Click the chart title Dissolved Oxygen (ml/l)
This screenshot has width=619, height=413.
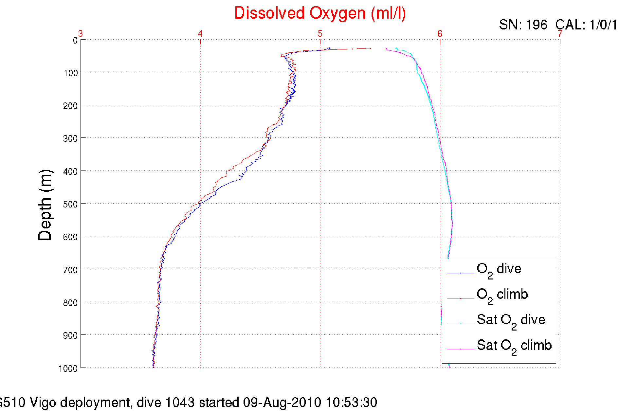coord(320,13)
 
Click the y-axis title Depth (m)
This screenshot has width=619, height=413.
coord(45,205)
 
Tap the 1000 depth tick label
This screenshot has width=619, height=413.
coord(68,368)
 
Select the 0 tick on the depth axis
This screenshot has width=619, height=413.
coord(75,41)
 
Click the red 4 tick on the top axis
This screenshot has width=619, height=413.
coord(200,34)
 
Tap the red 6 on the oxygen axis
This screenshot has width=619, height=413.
coord(440,34)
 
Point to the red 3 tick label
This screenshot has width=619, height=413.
coord(81,34)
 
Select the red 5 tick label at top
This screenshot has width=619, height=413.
coord(320,34)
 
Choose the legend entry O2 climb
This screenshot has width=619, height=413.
coord(502,295)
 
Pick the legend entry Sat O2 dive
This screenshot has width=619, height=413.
coord(511,321)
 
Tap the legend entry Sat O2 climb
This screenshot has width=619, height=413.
coord(514,346)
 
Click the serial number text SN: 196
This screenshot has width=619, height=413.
coord(523,25)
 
